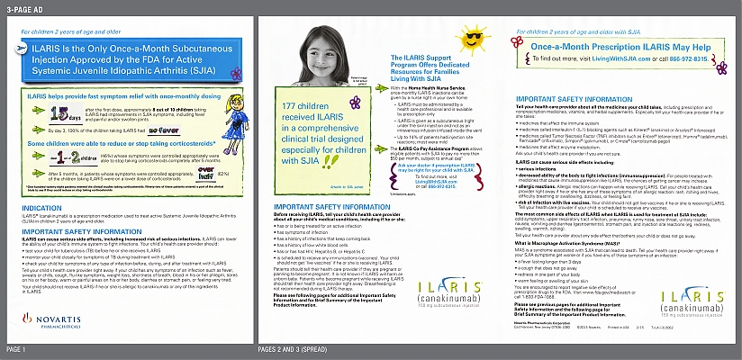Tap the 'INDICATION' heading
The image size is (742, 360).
click(x=41, y=207)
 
